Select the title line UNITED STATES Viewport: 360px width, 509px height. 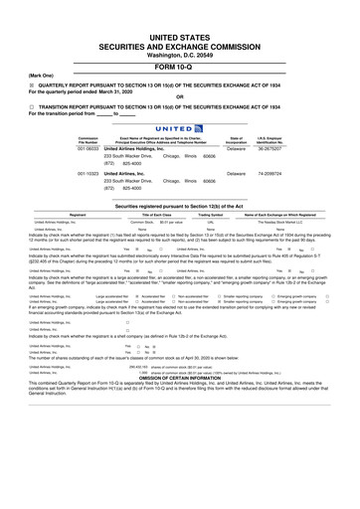click(x=180, y=34)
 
